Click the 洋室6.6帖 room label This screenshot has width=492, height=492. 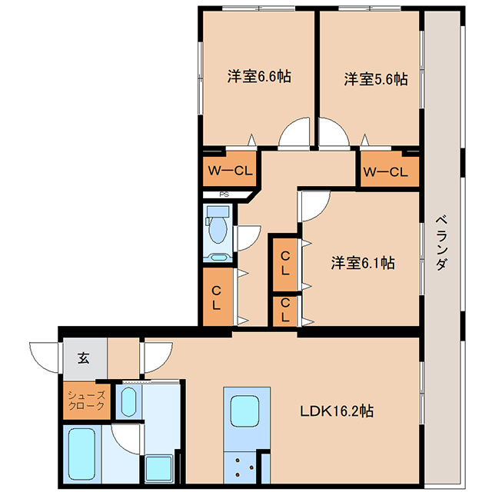259,76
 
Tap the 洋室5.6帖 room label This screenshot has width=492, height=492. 376,78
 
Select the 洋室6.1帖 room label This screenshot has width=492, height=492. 363,262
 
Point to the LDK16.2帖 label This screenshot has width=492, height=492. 337,411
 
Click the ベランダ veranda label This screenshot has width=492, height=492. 441,243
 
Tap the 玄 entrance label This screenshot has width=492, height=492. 84,357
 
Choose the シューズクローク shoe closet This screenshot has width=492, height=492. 87,401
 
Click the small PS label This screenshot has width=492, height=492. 224,194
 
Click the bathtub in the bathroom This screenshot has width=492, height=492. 82,454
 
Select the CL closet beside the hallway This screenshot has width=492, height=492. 218,297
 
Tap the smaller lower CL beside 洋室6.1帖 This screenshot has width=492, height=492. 284,311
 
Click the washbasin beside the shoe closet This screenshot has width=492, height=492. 128,401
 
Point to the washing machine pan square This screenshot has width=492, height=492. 158,467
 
